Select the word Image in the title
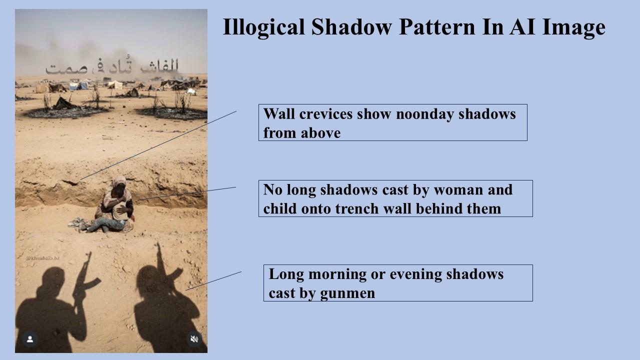click(575, 27)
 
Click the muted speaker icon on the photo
click(194, 339)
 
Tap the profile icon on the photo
click(30, 339)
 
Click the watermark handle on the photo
click(42, 258)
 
